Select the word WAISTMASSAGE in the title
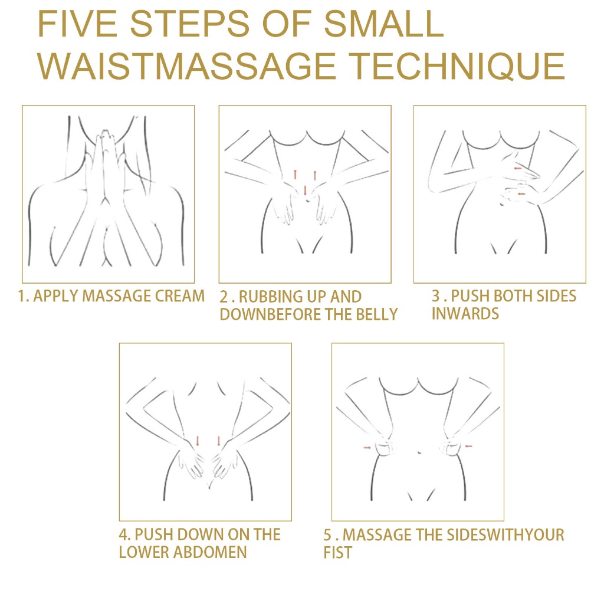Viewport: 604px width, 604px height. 186,66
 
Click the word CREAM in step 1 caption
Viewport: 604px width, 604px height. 179,296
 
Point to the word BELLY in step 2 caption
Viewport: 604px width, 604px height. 376,314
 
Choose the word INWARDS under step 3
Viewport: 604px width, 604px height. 465,314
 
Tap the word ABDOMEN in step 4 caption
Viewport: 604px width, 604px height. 210,552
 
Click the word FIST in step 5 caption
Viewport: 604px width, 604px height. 337,553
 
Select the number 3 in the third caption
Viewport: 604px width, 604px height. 436,296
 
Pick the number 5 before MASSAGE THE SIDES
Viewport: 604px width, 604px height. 327,534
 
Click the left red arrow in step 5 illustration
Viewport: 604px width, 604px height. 367,448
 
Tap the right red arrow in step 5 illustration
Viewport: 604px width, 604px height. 469,446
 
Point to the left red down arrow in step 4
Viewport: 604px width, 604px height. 198,441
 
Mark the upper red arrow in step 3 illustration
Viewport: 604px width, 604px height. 518,168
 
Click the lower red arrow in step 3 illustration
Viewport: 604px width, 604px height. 521,193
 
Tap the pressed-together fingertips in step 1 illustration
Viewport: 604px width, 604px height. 105,134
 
